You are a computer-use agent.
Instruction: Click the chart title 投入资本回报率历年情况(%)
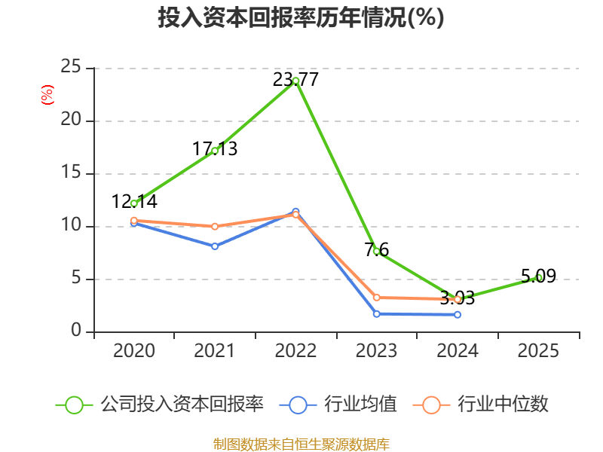(x=301, y=17)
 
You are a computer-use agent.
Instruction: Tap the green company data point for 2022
(x=295, y=81)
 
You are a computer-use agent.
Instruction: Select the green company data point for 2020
(x=134, y=203)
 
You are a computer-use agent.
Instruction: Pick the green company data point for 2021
(x=215, y=151)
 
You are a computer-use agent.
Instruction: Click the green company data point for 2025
(x=538, y=278)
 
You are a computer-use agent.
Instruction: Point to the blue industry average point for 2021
(x=215, y=246)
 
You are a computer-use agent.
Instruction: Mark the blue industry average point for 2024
(x=458, y=314)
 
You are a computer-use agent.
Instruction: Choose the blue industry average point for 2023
(x=376, y=313)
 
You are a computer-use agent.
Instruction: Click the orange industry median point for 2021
(x=215, y=226)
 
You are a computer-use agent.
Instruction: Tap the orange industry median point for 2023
(x=376, y=298)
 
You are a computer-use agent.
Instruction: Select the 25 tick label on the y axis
(x=71, y=68)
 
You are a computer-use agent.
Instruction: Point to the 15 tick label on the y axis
(x=71, y=173)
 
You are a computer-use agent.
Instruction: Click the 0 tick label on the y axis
(x=76, y=331)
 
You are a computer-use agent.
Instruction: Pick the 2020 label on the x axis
(x=134, y=351)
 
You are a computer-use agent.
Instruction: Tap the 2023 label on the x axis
(x=376, y=351)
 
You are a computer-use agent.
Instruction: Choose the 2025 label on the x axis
(x=538, y=351)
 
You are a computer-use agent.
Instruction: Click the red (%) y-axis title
(x=47, y=95)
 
